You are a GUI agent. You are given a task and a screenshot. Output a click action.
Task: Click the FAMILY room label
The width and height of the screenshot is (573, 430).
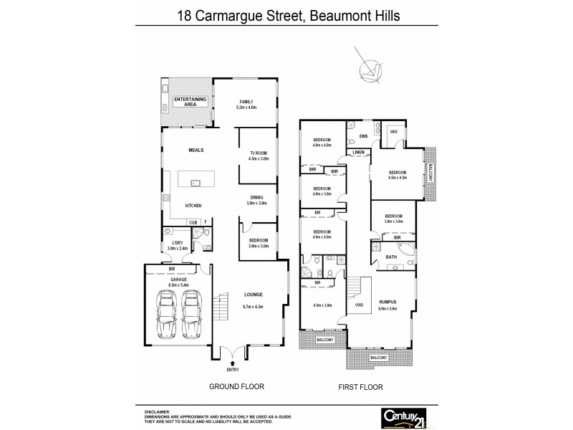click(x=246, y=102)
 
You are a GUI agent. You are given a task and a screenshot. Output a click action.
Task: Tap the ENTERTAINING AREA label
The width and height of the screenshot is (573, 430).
click(x=191, y=101)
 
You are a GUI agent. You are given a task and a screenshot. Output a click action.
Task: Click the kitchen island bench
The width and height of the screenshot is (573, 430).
click(x=198, y=183)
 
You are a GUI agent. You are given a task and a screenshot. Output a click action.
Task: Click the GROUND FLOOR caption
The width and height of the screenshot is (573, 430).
click(x=236, y=386)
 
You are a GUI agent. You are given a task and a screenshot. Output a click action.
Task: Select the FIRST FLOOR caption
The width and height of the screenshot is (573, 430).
click(x=360, y=387)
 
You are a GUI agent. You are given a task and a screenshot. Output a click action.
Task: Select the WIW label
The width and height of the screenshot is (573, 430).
click(x=393, y=132)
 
